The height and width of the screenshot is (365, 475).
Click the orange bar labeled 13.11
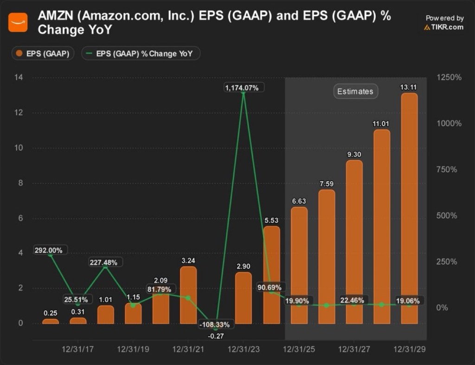click(x=409, y=209)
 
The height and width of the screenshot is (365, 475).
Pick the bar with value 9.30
click(x=354, y=242)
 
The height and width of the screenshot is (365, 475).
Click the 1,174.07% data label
click(x=244, y=87)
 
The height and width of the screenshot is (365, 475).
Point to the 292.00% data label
click(x=51, y=250)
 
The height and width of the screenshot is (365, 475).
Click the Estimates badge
click(x=355, y=91)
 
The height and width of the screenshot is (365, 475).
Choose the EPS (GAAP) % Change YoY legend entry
click(x=141, y=54)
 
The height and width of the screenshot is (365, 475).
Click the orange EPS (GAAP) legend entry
click(x=43, y=54)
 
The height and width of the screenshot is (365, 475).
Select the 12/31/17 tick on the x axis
click(x=78, y=349)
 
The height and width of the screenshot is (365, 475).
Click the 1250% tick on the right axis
click(x=449, y=77)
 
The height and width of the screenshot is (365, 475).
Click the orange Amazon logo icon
click(x=18, y=22)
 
